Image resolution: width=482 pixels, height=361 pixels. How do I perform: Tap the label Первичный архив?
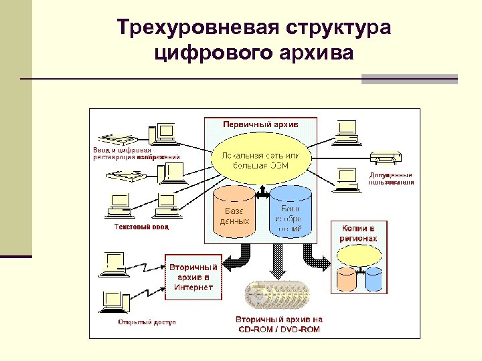coord(260,124)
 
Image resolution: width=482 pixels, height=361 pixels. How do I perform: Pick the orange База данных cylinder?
coord(234,211)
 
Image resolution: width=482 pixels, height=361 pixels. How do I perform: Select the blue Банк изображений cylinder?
coord(290,210)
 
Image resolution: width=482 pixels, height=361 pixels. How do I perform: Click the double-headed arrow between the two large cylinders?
coord(262,194)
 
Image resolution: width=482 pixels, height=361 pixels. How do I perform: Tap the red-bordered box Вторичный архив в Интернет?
coord(193,277)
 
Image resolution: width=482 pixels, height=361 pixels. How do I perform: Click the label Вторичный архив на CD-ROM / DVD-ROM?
coord(278,324)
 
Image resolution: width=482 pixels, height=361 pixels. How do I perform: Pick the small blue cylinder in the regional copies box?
coord(373,279)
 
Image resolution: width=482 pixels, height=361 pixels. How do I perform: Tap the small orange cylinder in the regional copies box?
coord(347,279)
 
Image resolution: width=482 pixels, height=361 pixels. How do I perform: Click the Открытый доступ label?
coord(147,322)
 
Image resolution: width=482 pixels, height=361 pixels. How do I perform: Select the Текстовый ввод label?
coord(141,227)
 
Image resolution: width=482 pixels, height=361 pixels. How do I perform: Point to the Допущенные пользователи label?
coord(391,178)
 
